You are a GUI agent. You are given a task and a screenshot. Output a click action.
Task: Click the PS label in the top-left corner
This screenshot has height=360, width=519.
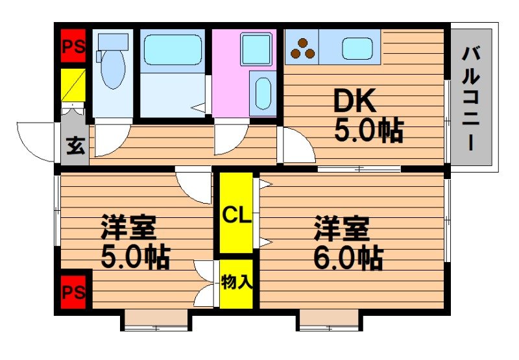[x=73, y=46]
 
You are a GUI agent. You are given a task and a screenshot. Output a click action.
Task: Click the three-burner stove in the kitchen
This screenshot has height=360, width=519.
[x=302, y=49]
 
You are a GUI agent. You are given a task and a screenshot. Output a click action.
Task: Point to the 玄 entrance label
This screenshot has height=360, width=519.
[x=75, y=147]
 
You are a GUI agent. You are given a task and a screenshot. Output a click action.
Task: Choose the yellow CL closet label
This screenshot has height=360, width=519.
[x=236, y=215]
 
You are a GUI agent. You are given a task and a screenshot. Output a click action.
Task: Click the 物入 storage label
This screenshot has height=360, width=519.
[x=236, y=282]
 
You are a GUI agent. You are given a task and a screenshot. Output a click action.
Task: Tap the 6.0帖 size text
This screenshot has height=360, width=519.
[x=348, y=259]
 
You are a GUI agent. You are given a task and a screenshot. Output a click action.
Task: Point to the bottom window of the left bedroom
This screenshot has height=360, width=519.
[x=155, y=320]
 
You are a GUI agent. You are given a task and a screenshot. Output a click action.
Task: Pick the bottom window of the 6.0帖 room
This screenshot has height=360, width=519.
[x=330, y=320]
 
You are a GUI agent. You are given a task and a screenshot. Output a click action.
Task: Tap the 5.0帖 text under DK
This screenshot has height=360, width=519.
[x=368, y=131]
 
